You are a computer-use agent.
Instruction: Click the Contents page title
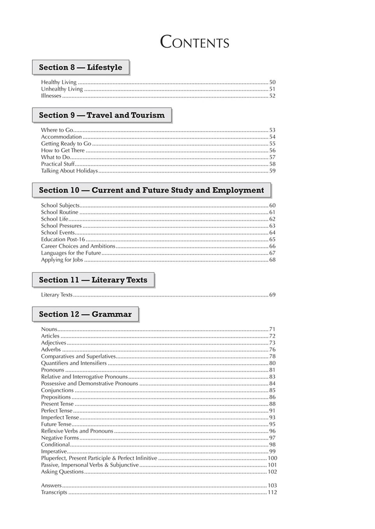click(x=194, y=42)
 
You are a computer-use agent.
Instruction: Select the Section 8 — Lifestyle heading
click(x=81, y=67)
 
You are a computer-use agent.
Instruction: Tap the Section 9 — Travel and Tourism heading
click(x=102, y=115)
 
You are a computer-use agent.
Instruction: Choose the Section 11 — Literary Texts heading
click(x=93, y=280)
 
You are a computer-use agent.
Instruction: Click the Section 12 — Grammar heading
click(x=85, y=314)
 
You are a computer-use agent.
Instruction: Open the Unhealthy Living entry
click(x=62, y=89)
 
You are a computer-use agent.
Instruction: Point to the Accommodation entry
click(x=62, y=137)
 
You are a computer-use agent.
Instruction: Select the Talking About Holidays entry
click(x=69, y=171)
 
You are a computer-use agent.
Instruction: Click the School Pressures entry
click(x=62, y=226)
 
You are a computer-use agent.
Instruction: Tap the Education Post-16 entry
click(x=63, y=240)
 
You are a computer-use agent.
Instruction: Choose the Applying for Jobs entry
click(x=62, y=260)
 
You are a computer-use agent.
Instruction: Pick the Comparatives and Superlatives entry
click(x=79, y=357)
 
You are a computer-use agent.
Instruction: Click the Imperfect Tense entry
click(x=60, y=418)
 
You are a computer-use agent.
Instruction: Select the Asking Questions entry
click(x=62, y=472)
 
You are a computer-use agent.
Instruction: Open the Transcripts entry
click(x=54, y=492)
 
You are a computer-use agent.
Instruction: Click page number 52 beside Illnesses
click(x=272, y=96)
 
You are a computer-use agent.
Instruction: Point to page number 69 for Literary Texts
click(x=272, y=295)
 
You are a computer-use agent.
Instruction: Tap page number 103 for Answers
click(x=272, y=485)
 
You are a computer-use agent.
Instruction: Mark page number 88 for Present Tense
click(x=272, y=404)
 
